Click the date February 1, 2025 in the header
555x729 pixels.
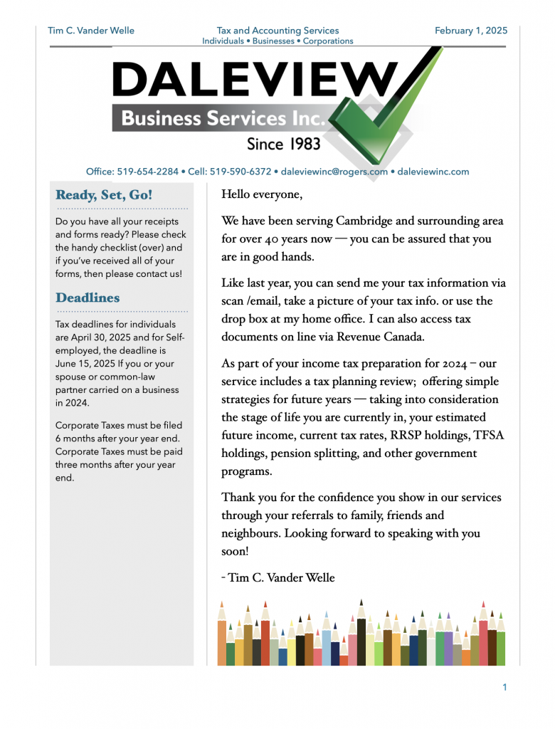point(470,31)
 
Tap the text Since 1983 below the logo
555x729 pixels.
point(283,144)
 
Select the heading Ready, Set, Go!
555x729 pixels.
point(104,195)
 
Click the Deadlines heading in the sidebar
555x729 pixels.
point(88,298)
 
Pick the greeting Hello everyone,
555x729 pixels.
point(262,194)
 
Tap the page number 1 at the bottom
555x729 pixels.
point(504,687)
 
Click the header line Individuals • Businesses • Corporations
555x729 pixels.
point(277,41)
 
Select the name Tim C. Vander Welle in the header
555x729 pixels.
point(90,31)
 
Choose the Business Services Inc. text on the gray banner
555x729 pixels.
point(223,118)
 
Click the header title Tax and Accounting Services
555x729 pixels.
point(277,31)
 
